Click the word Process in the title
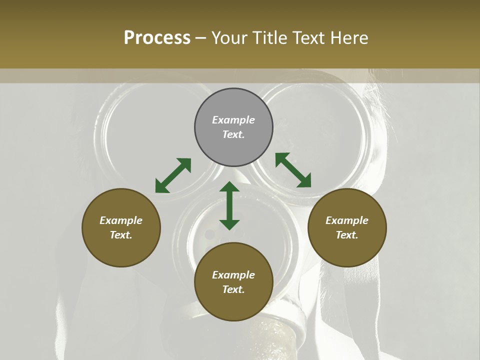pyautogui.click(x=157, y=38)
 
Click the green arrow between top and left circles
pyautogui.click(x=173, y=175)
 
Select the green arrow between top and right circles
pyautogui.click(x=293, y=170)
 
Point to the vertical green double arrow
pyautogui.click(x=229, y=205)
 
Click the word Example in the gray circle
pyautogui.click(x=233, y=120)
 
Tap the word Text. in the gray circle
pyautogui.click(x=233, y=134)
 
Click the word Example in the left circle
pyautogui.click(x=121, y=220)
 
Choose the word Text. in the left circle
pyautogui.click(x=121, y=235)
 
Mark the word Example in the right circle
pyautogui.click(x=347, y=220)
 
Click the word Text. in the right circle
pyautogui.click(x=347, y=235)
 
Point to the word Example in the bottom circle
pyautogui.click(x=233, y=275)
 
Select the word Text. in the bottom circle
pyautogui.click(x=233, y=289)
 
